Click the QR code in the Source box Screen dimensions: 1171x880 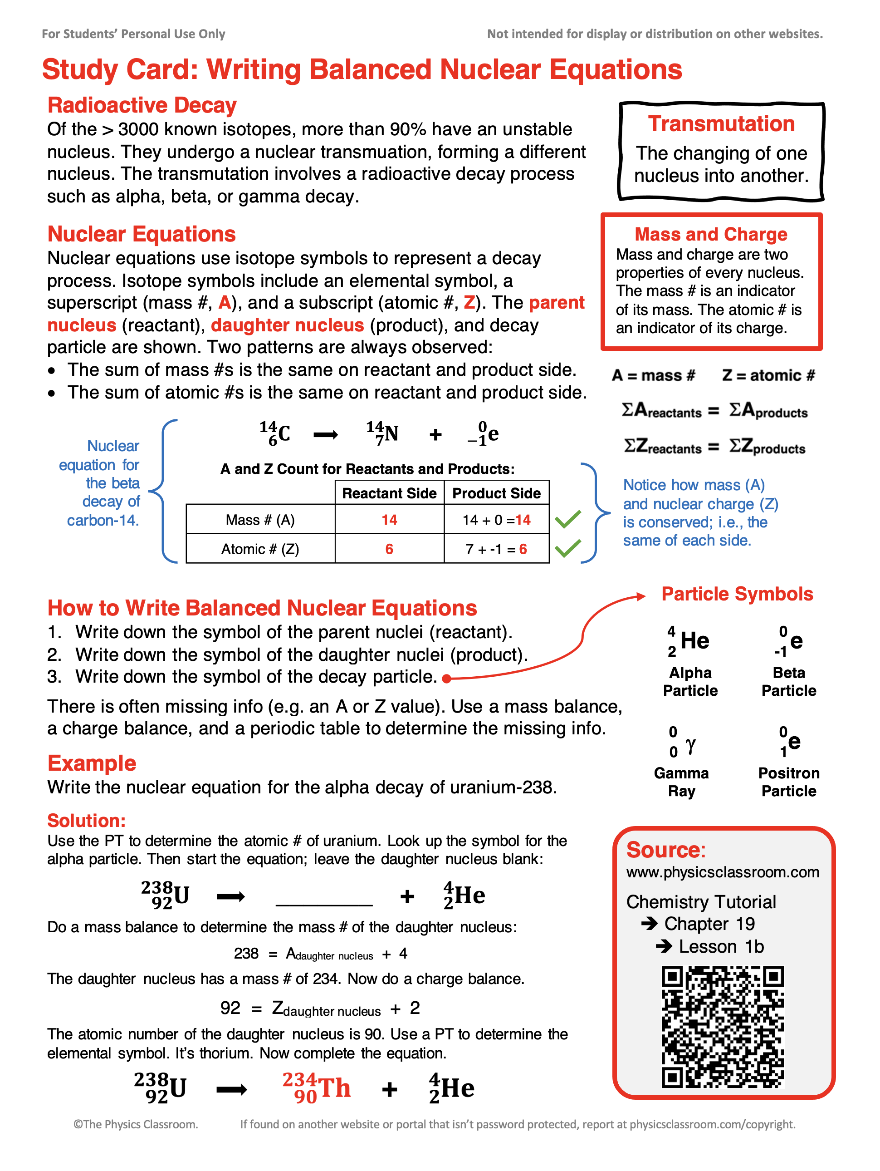(x=722, y=1027)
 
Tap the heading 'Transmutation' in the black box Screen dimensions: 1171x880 (x=721, y=124)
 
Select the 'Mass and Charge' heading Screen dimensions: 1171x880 (x=711, y=234)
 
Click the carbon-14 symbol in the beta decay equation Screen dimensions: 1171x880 (x=275, y=433)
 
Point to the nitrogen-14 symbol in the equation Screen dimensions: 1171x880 (x=382, y=433)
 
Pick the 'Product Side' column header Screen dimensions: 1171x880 (x=496, y=493)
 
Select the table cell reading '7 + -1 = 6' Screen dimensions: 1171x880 (x=496, y=549)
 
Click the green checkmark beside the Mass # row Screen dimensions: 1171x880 (x=568, y=519)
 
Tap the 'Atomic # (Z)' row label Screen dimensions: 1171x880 (x=260, y=549)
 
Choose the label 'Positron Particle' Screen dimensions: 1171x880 (x=788, y=782)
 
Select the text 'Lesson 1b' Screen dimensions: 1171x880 (x=721, y=946)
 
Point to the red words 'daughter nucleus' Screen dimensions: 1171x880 (x=287, y=325)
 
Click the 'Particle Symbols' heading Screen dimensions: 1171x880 (x=737, y=594)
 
